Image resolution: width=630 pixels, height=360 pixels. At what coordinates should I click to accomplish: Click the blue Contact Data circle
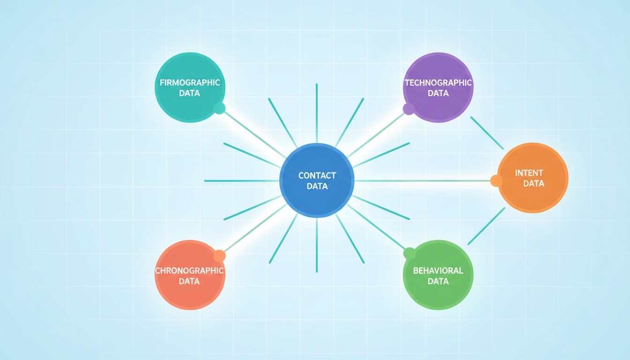pyautogui.click(x=317, y=180)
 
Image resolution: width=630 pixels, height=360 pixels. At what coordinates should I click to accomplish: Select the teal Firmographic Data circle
pyautogui.click(x=190, y=88)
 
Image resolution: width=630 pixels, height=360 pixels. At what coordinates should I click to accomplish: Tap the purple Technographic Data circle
pyautogui.click(x=438, y=88)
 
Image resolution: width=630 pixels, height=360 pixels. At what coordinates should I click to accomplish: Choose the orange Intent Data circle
pyautogui.click(x=532, y=178)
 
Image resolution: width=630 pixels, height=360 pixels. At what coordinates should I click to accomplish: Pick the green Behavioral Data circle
pyautogui.click(x=438, y=275)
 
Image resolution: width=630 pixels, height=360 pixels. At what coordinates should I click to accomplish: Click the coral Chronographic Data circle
pyautogui.click(x=190, y=275)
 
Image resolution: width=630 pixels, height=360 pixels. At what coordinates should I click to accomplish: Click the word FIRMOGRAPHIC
pyautogui.click(x=190, y=82)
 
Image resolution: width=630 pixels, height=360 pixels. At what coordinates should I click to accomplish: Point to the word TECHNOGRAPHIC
pyautogui.click(x=438, y=82)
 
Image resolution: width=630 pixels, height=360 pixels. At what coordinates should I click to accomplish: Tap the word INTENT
pyautogui.click(x=529, y=173)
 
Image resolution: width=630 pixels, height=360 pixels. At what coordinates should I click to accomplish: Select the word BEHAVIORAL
pyautogui.click(x=438, y=270)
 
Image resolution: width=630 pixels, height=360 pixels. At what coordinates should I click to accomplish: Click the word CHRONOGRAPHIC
pyautogui.click(x=189, y=270)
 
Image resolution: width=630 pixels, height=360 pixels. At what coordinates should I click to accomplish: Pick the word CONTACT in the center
pyautogui.click(x=317, y=176)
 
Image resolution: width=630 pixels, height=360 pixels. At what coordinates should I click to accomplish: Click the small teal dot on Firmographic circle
pyautogui.click(x=219, y=108)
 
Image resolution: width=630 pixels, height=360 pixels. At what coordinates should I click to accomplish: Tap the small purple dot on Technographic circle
pyautogui.click(x=409, y=109)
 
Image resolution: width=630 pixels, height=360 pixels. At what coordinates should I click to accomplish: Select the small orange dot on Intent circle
pyautogui.click(x=496, y=181)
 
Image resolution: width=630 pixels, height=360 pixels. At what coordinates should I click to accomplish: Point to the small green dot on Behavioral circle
pyautogui.click(x=410, y=254)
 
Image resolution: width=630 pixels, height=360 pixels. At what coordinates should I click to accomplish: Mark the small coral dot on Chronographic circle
pyautogui.click(x=219, y=255)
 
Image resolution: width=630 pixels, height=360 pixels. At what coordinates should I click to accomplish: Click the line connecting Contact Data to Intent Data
pyautogui.click(x=423, y=181)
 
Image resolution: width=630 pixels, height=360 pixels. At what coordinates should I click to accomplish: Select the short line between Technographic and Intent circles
pyautogui.click(x=487, y=133)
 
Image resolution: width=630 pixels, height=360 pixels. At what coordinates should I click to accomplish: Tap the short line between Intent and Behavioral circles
pyautogui.click(x=486, y=226)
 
